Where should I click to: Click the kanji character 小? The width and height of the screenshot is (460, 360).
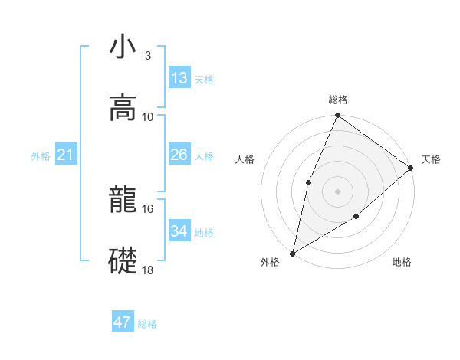pos(123,47)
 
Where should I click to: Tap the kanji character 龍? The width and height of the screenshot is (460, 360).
pos(123,201)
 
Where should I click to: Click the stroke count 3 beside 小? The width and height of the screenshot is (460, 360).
pos(147,55)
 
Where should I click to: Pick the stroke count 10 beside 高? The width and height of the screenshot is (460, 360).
pos(148,116)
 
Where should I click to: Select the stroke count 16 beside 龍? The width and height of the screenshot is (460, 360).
pos(148,208)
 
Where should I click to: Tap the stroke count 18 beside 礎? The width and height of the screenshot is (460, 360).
pos(148,270)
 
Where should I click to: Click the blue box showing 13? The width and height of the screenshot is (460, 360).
pos(179,78)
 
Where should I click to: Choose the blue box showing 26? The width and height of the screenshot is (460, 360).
pos(179,155)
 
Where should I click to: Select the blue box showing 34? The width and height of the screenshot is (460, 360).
pos(179,231)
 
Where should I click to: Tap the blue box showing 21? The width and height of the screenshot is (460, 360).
pos(66,155)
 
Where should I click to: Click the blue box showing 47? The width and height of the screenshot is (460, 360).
pos(123,322)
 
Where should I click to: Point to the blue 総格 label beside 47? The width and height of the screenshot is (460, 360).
pos(147,324)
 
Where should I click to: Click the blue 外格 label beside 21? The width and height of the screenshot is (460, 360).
pos(41,156)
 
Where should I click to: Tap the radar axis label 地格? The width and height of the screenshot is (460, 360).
pos(402,263)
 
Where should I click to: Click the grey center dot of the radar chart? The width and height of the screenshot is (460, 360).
pos(337,191)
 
